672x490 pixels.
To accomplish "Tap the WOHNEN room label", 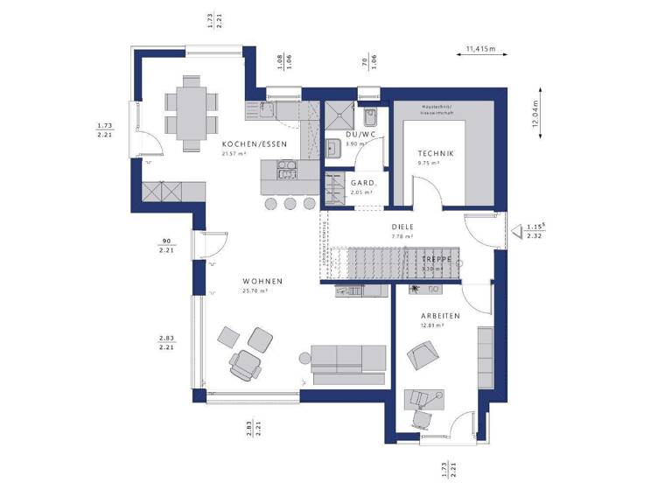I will tap(262, 281).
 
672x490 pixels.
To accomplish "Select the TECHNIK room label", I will tap(435, 153).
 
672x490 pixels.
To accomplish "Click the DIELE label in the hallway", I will tap(402, 227).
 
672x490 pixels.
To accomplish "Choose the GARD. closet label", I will tap(363, 183).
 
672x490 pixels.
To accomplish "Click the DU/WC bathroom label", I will tap(360, 135).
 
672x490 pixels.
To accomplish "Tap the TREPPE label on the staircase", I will tap(436, 260).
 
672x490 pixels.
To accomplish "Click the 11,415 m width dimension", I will tap(480, 50).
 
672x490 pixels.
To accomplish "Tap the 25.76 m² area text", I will tap(255, 290).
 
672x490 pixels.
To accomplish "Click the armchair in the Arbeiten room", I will tap(423, 354).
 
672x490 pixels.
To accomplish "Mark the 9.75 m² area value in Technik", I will tap(429, 163).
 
